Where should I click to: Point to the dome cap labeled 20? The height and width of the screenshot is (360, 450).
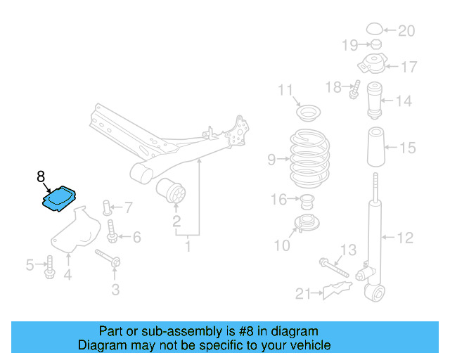(x=375, y=30)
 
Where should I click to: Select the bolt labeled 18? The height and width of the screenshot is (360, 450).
(x=354, y=90)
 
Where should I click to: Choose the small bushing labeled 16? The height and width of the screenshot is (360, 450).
(x=307, y=203)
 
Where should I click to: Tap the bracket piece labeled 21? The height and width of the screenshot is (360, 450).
(x=337, y=290)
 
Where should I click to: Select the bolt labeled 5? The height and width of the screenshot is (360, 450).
(x=49, y=266)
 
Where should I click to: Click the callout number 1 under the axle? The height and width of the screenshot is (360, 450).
(x=188, y=247)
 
